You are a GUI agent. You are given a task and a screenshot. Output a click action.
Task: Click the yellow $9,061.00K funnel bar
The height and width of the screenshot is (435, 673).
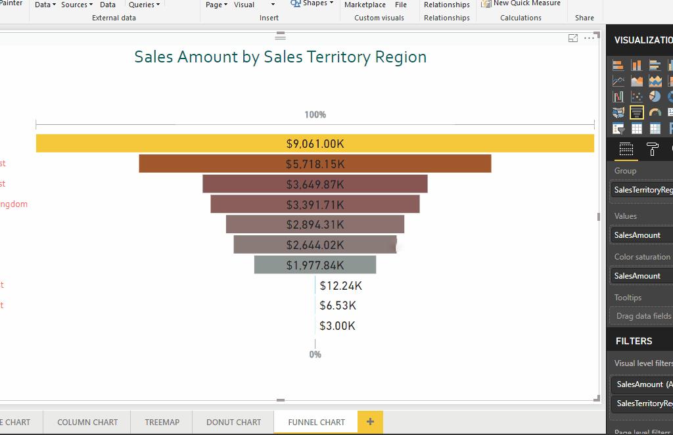(315, 143)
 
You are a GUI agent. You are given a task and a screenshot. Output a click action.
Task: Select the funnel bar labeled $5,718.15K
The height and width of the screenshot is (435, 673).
(315, 164)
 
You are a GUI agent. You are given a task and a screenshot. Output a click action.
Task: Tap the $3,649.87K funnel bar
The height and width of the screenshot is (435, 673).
(315, 184)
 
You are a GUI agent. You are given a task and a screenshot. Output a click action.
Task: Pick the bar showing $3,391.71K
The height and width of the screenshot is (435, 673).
(315, 204)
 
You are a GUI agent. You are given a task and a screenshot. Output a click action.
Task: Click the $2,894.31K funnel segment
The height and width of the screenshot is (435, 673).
(315, 224)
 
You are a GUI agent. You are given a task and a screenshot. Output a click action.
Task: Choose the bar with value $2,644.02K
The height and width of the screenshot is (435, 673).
(315, 244)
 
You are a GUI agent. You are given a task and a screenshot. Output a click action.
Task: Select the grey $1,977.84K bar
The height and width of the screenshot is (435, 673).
(315, 265)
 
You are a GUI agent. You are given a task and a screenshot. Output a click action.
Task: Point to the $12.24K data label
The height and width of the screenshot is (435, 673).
(340, 285)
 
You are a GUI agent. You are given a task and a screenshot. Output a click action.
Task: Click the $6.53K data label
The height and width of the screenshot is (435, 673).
(338, 306)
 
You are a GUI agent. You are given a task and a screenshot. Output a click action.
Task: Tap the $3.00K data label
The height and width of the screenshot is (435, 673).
(337, 326)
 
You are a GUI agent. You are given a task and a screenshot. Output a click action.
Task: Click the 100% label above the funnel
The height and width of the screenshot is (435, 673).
(315, 114)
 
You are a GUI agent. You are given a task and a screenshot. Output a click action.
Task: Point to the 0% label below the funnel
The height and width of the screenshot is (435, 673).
(315, 354)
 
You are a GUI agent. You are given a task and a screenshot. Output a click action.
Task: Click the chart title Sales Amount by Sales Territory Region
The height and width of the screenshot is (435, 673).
(280, 57)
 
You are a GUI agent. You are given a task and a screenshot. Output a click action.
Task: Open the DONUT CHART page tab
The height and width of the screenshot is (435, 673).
(233, 422)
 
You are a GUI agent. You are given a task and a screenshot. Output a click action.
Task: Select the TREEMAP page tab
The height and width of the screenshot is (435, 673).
(162, 422)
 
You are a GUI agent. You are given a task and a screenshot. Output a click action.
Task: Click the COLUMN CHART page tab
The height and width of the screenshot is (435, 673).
(87, 422)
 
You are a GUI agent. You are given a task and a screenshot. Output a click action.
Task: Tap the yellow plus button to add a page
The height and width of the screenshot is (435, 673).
(370, 422)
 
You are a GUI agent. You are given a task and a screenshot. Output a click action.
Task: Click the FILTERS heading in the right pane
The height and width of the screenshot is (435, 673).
(634, 341)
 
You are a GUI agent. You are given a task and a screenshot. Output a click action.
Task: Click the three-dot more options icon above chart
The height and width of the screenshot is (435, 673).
(589, 38)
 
